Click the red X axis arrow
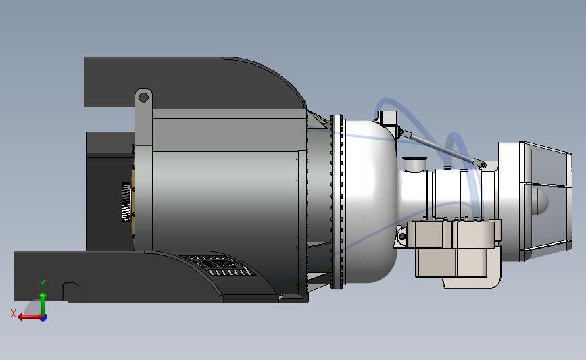tap(27, 317)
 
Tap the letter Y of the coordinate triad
tap(42, 284)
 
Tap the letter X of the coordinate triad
tap(13, 313)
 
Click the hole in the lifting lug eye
tap(143, 97)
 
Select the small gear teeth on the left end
tap(126, 201)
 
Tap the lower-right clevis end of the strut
tap(482, 163)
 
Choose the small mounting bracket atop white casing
tap(389, 119)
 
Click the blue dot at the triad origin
tap(43, 317)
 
